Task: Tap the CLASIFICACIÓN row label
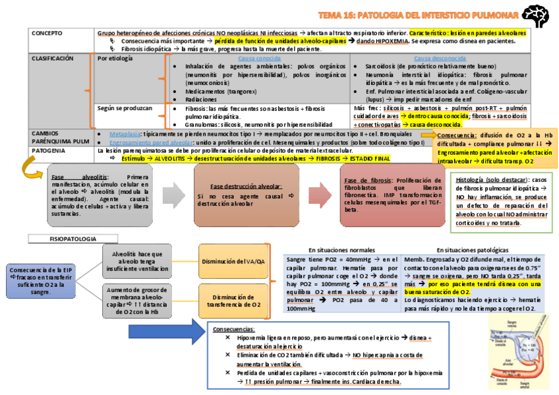click(x=53, y=59)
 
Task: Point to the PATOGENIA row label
click(x=47, y=151)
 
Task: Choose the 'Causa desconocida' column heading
click(x=439, y=59)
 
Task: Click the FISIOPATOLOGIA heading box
click(x=73, y=238)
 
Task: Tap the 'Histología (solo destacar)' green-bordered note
click(x=502, y=200)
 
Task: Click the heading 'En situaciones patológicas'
click(x=472, y=250)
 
